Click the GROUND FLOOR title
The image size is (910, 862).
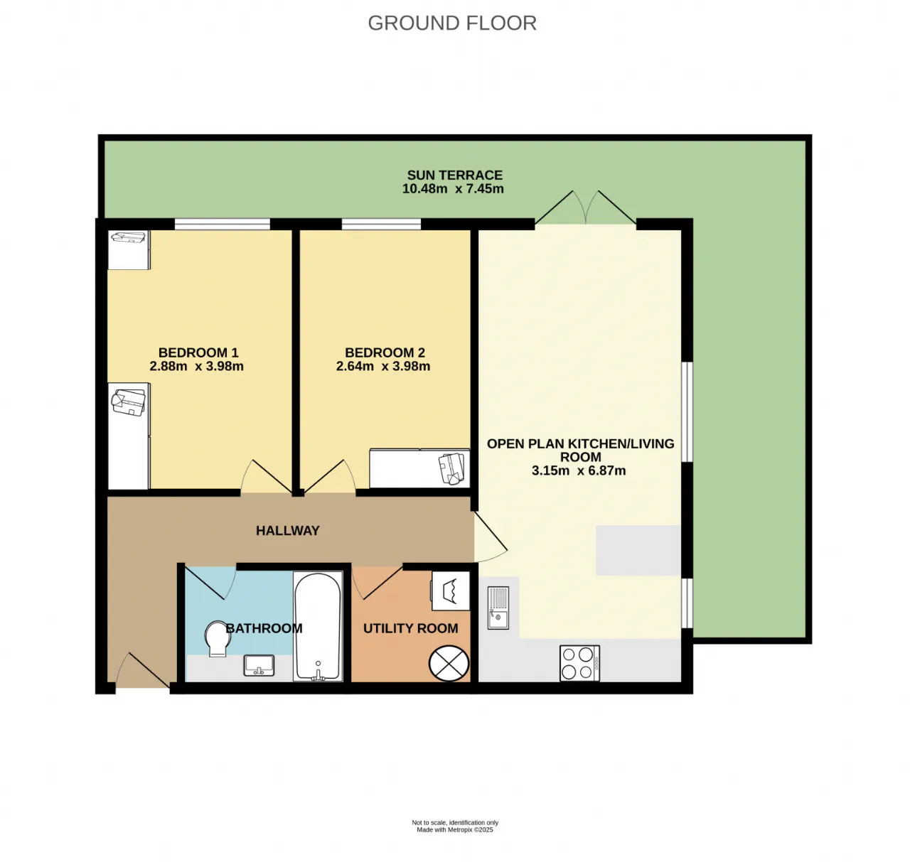[451, 23]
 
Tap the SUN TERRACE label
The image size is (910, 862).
[454, 175]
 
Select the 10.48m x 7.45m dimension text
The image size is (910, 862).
[453, 189]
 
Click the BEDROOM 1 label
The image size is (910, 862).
[198, 352]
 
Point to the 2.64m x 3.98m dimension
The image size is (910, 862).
[382, 366]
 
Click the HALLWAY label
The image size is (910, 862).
[287, 530]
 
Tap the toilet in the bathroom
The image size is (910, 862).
[218, 639]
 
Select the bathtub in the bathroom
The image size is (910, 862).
[318, 627]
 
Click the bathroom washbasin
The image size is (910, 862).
[259, 665]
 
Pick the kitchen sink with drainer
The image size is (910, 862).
[498, 608]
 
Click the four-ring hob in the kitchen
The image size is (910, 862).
[579, 663]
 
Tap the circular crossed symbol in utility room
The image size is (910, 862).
[449, 663]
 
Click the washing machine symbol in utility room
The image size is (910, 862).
[450, 591]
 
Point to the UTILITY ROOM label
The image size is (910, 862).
[410, 628]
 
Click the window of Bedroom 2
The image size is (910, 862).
[381, 225]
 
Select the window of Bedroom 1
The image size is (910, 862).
[223, 225]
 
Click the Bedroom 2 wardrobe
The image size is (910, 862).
[419, 468]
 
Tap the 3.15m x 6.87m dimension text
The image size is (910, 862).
[579, 470]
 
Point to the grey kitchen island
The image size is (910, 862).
[638, 550]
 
